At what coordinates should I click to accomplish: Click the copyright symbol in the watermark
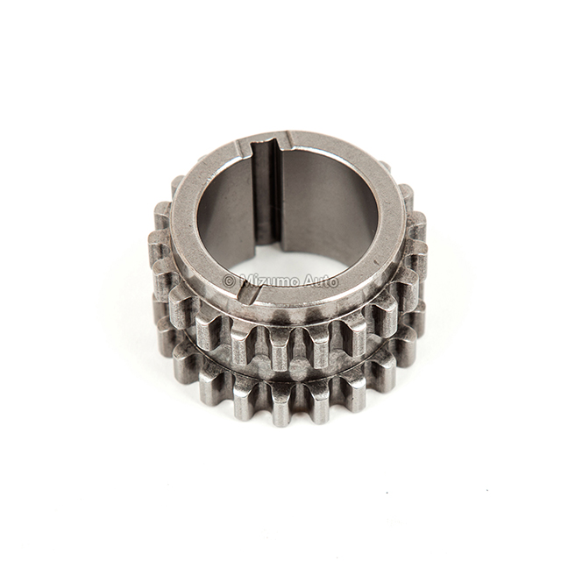(229, 281)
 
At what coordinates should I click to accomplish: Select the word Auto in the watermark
(321, 281)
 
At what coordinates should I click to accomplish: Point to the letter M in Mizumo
(244, 281)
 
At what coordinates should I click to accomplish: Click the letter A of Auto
(308, 281)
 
